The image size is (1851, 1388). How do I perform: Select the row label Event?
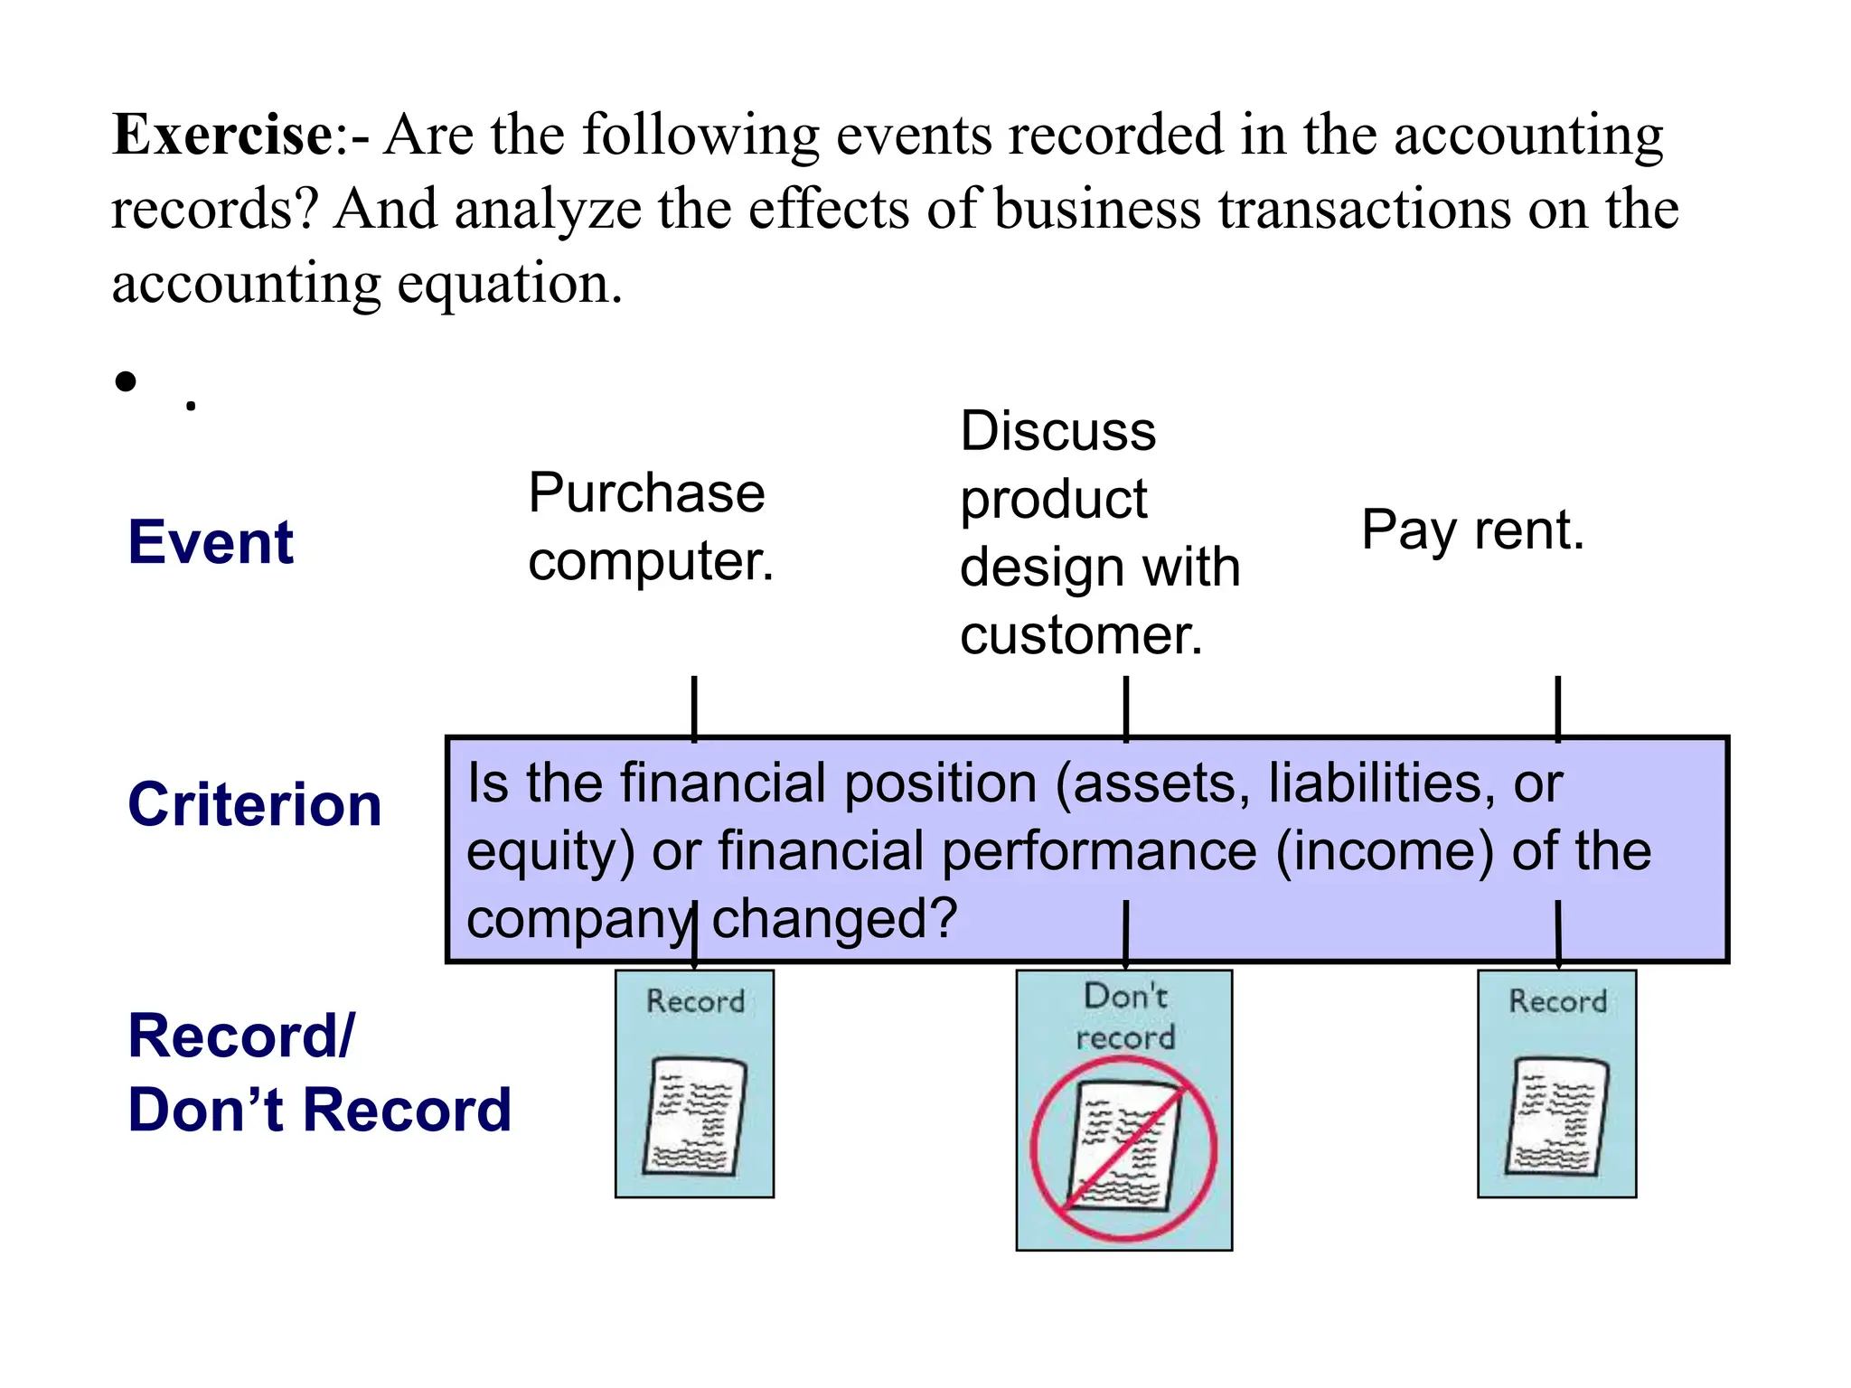tap(211, 542)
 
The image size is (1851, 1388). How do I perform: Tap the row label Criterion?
tap(254, 804)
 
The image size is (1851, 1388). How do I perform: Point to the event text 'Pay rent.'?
tap(1472, 530)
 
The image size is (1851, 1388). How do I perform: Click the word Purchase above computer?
tap(646, 493)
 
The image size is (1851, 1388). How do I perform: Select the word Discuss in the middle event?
tap(1057, 431)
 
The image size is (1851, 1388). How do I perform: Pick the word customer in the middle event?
tap(1080, 635)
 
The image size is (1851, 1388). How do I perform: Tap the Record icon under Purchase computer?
tap(694, 1084)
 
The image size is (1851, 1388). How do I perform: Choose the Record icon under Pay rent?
tap(1556, 1084)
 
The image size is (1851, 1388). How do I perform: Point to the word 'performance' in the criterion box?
tap(1099, 851)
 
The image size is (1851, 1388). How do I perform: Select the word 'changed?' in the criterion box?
tap(834, 919)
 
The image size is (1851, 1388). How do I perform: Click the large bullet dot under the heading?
tap(126, 381)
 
